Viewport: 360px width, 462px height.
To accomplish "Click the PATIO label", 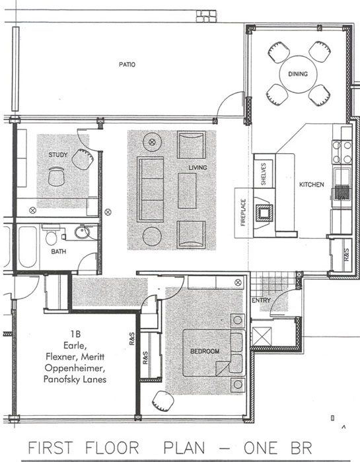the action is tap(127, 64).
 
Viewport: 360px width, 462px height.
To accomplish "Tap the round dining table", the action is tap(298, 74).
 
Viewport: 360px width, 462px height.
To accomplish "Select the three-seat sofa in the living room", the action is tap(151, 189).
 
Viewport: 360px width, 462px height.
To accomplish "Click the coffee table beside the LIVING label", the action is tap(187, 191).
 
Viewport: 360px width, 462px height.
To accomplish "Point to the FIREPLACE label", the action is tap(243, 213).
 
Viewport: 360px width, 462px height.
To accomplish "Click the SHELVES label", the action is tap(264, 174).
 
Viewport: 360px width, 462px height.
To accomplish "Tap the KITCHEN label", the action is tap(312, 185).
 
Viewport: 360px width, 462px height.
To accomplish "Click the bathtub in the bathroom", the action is tap(28, 247).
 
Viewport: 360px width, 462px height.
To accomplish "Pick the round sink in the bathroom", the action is tap(82, 232).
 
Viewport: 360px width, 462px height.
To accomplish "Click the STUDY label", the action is tap(57, 154).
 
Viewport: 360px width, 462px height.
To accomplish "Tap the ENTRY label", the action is tap(261, 300).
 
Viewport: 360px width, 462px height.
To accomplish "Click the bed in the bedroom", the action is tap(214, 353).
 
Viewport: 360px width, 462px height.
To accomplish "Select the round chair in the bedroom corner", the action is tap(163, 401).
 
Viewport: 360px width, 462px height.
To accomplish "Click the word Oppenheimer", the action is tap(75, 368).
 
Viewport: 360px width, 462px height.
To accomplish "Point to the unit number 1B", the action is tap(75, 334).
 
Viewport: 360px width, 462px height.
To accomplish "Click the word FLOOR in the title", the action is tap(112, 447).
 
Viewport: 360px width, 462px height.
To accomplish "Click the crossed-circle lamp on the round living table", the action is tap(152, 142).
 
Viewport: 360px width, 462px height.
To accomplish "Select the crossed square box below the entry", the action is tap(262, 336).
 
